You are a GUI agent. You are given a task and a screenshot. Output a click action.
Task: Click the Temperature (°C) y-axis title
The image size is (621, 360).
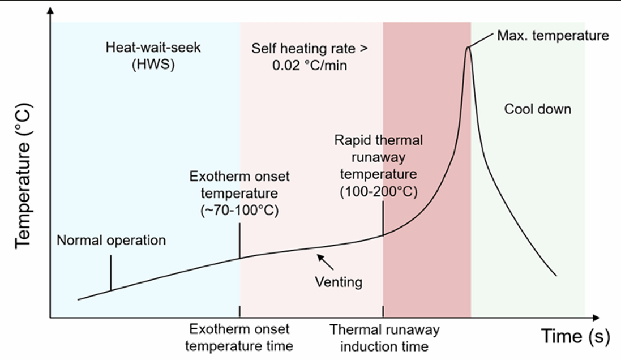(23, 176)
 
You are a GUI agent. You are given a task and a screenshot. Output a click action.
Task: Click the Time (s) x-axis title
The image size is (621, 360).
(576, 336)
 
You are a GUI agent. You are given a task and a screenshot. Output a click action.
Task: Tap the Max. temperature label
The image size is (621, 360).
(553, 36)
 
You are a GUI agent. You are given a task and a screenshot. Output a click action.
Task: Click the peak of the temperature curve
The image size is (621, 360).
(468, 48)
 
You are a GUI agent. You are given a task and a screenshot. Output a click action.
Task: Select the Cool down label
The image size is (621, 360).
(537, 109)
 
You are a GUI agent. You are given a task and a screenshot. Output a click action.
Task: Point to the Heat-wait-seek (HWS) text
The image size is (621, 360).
(153, 55)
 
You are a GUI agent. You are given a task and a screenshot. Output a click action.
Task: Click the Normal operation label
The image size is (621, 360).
(112, 240)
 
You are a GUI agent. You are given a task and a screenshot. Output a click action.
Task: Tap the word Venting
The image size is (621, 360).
(339, 282)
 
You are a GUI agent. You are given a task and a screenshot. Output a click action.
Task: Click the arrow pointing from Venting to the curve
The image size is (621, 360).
(325, 262)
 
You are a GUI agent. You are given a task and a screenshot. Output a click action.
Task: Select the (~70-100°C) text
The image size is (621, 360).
(239, 210)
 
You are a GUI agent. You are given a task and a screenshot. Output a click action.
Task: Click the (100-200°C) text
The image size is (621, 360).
(379, 191)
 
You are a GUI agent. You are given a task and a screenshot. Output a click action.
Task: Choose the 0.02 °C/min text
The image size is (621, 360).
(309, 65)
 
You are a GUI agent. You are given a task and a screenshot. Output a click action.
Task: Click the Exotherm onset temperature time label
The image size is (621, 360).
(239, 337)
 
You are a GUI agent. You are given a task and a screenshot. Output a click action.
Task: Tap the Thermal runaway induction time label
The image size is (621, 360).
(384, 338)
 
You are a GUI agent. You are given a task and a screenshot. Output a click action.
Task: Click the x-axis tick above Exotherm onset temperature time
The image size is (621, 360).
(239, 311)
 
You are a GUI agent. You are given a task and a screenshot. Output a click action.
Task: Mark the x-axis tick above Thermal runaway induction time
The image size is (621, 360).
(383, 311)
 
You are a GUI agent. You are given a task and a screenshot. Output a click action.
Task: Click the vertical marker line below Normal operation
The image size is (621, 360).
(111, 273)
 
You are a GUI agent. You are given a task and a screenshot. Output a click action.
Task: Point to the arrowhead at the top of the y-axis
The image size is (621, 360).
(50, 11)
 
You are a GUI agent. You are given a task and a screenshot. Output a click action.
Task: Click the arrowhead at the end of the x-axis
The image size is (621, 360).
(596, 317)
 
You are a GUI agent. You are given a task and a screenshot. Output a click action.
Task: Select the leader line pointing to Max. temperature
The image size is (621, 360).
(481, 41)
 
